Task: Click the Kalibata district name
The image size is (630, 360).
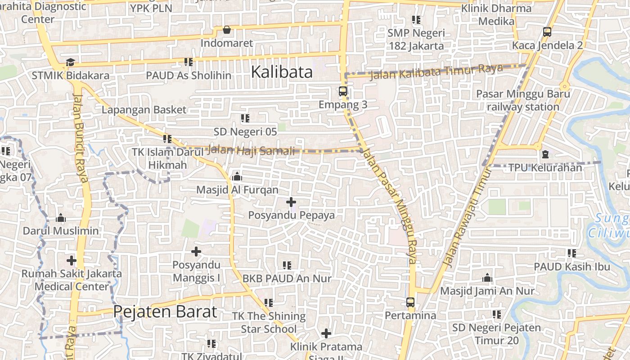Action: point(282,72)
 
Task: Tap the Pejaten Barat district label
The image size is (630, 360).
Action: point(165,311)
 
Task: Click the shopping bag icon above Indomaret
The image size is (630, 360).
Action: point(227,30)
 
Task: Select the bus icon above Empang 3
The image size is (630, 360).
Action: point(343,91)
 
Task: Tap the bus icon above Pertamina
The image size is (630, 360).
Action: point(410,302)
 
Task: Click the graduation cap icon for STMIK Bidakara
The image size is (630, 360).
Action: point(70,62)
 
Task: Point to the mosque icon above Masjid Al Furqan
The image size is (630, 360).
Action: point(237,177)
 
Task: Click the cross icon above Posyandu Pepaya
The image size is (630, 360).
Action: point(291,202)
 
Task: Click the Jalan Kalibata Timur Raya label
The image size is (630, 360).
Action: point(436,72)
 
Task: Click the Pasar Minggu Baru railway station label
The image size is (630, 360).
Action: point(523,100)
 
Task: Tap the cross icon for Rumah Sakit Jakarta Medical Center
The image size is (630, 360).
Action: point(72,260)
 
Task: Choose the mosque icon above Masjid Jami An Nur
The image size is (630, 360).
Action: point(487,278)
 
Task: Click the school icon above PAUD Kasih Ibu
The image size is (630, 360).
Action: point(571,253)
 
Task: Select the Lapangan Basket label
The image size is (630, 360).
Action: point(144,110)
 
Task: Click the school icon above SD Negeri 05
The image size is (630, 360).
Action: point(245,118)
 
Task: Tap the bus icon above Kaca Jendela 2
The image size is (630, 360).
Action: point(547,32)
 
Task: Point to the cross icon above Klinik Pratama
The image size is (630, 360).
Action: point(326,333)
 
